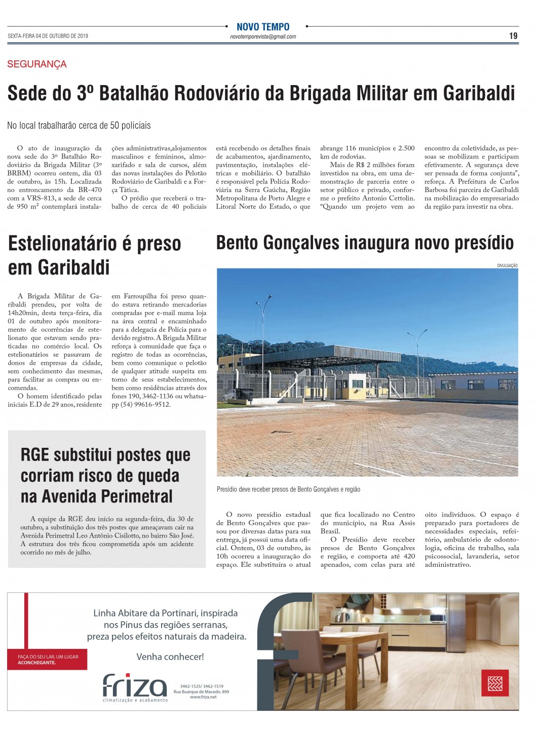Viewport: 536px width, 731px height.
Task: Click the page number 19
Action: click(513, 36)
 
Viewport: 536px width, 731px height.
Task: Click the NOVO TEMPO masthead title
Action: click(263, 27)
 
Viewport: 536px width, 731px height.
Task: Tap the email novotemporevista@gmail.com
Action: click(263, 36)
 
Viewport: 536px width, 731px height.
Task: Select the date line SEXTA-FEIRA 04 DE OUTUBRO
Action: click(48, 36)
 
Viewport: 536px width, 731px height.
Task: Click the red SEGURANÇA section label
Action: click(37, 64)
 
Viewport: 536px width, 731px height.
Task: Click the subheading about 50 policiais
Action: click(79, 125)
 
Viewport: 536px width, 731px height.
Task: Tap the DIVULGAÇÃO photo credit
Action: click(507, 265)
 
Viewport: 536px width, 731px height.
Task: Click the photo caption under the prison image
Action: click(288, 489)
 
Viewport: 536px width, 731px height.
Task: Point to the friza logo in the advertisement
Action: click(135, 687)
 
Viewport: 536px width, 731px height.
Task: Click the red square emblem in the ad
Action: click(494, 684)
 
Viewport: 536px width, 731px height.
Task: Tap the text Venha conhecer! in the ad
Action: click(170, 657)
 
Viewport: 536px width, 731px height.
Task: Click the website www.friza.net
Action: click(203, 697)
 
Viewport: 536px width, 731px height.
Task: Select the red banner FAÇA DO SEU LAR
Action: click(48, 659)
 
